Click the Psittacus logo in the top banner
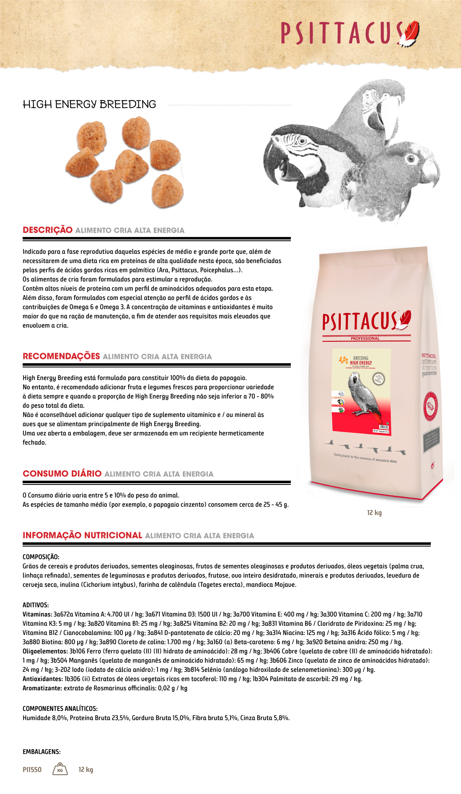350,33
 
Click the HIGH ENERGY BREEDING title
89,104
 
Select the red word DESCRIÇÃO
48,230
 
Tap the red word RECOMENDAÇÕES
61,357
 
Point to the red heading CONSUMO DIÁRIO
62,474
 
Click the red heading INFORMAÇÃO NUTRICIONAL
83,536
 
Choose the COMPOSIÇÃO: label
41,557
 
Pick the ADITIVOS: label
36,605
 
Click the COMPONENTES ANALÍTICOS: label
60,708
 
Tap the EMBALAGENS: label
41,752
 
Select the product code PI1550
32,770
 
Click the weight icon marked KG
60,769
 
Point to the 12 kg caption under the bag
374,513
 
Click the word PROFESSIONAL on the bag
365,338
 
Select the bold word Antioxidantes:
42,679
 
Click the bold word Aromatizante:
42,688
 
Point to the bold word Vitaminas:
37,614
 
